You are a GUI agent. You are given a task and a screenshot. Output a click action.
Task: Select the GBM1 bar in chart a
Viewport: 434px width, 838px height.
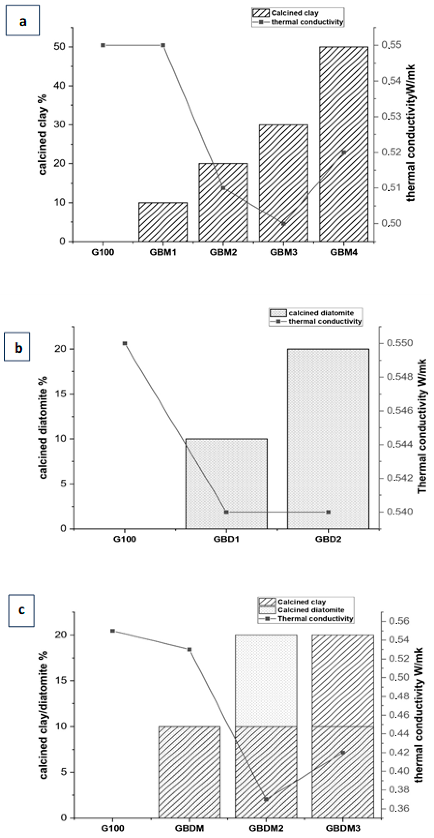(x=163, y=222)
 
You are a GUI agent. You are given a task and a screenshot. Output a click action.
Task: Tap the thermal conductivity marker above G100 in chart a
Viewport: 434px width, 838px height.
(x=103, y=45)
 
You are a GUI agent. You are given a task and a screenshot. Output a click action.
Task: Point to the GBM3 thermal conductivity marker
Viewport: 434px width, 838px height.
(x=283, y=224)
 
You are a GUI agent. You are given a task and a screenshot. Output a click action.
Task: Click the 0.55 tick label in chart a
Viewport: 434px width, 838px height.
(x=391, y=45)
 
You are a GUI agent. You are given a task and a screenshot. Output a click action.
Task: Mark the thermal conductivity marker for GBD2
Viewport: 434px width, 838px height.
(x=328, y=512)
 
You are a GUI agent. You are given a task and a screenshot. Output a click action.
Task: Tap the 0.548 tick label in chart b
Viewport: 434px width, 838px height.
(x=400, y=377)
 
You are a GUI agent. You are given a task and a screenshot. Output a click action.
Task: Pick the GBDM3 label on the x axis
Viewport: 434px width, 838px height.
(x=343, y=828)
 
